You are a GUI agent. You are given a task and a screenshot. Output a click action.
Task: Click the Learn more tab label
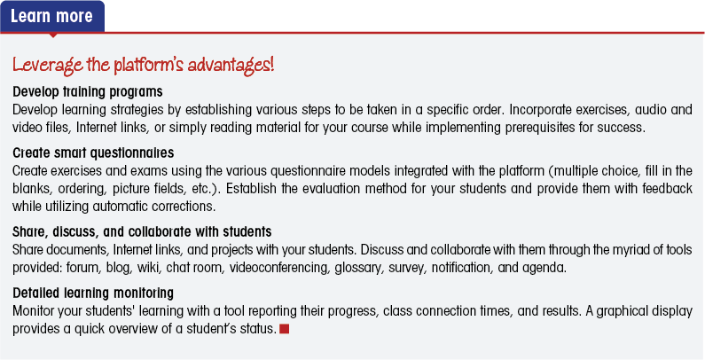pyautogui.click(x=51, y=16)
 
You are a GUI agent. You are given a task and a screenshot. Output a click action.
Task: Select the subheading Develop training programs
pyautogui.click(x=88, y=92)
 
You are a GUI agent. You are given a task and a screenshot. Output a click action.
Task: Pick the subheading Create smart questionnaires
pyautogui.click(x=93, y=153)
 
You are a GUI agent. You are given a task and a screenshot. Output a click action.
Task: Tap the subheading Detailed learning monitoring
pyautogui.click(x=93, y=293)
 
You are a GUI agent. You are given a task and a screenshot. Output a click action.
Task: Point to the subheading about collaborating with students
pyautogui.click(x=142, y=232)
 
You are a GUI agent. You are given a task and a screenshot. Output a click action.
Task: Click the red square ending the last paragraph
pyautogui.click(x=284, y=329)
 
